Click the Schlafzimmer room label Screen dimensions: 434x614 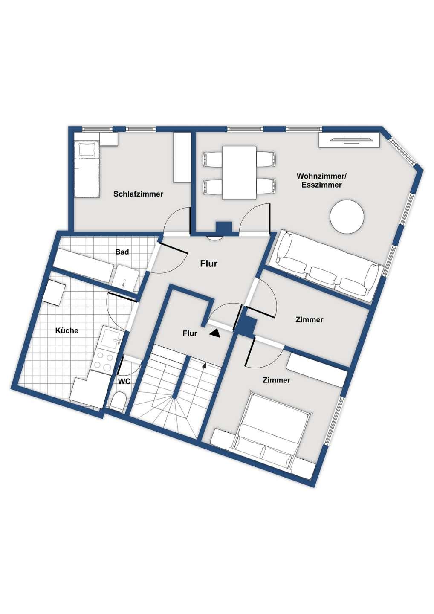click(139, 194)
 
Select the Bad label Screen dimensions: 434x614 click(122, 252)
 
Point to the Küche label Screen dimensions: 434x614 click(67, 330)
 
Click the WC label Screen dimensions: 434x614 click(124, 381)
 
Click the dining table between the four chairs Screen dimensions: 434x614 click(239, 173)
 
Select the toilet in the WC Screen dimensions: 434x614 click(118, 402)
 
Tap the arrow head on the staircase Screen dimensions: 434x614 click(204, 365)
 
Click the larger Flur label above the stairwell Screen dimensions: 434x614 click(209, 264)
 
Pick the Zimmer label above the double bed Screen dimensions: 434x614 click(276, 380)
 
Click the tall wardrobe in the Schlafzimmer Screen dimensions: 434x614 click(182, 157)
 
